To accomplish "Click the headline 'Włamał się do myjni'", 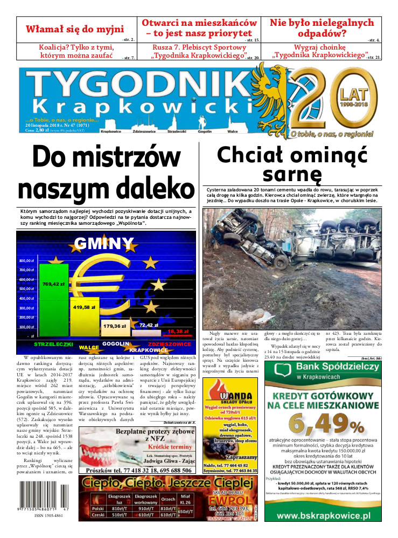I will click(75, 29).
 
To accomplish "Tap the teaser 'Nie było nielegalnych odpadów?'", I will click(322, 29).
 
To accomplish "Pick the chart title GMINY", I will click(104, 244).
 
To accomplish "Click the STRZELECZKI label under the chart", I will click(53, 343).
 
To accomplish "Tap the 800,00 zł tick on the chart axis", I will click(26, 260).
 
